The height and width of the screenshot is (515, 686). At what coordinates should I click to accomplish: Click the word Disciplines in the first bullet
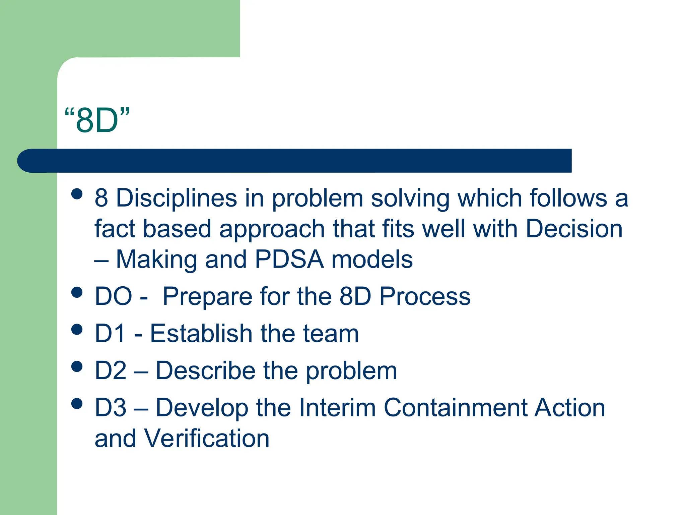point(177,198)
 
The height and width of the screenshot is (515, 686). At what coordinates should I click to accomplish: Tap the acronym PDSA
point(289,260)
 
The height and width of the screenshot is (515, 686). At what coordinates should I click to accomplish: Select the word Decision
point(574,229)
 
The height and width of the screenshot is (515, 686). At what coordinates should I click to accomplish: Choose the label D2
point(111,370)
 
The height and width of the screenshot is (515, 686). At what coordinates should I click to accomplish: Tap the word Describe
point(206,370)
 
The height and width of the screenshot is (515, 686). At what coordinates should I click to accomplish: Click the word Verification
point(206,439)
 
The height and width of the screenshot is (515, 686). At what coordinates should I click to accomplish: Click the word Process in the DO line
point(425,296)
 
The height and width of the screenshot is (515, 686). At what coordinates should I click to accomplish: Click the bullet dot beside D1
point(77,329)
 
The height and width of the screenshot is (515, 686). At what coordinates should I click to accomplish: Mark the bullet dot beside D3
point(77,404)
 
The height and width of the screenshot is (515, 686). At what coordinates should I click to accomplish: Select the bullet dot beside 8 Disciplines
point(77,194)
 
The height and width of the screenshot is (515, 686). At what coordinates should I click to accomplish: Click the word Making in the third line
point(156,260)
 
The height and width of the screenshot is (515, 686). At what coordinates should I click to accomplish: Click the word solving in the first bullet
point(410,198)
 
